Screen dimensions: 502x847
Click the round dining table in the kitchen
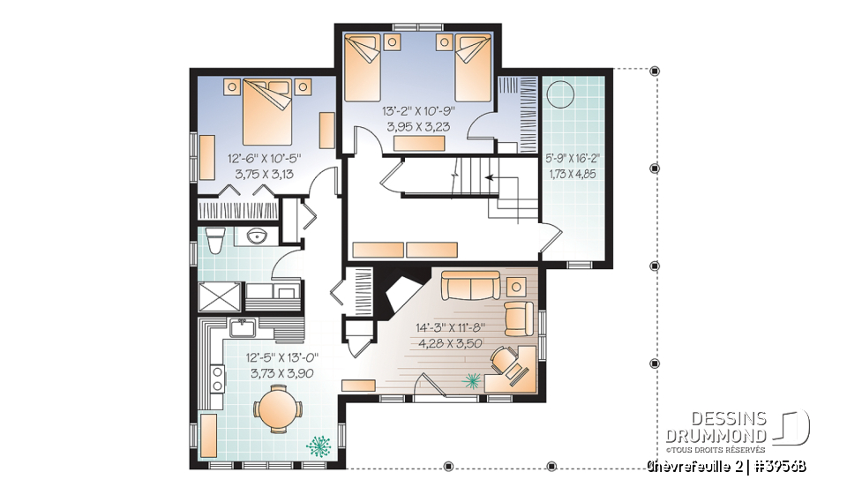pos(277,408)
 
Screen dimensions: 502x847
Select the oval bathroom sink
pos(257,236)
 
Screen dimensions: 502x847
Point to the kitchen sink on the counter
pos(243,329)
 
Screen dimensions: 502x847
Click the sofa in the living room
pos(469,285)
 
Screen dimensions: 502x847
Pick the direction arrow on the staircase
pos(488,178)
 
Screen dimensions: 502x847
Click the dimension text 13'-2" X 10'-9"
pos(420,111)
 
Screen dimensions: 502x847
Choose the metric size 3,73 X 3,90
pos(270,373)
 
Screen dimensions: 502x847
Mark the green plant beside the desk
pos(473,380)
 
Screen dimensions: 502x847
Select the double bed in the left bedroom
pos(266,108)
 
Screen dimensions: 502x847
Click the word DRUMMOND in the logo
pos(715,434)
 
